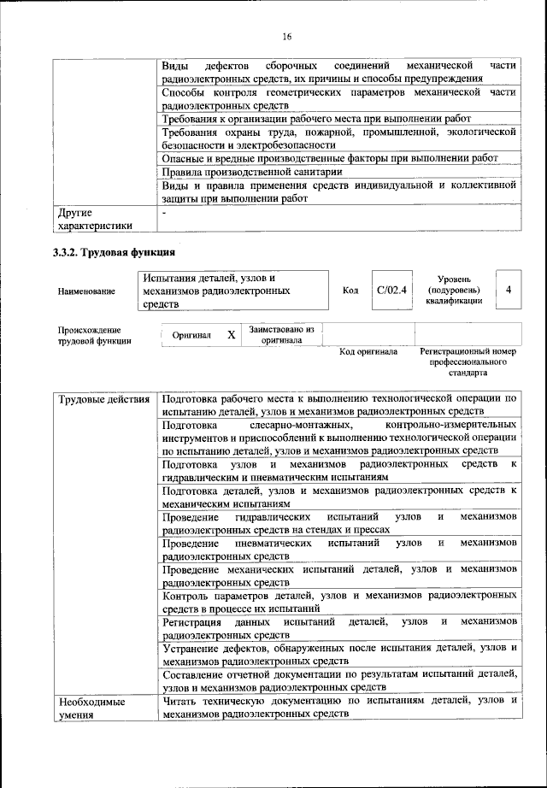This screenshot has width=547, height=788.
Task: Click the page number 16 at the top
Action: coord(285,35)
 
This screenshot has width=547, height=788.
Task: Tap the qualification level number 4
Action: coord(509,291)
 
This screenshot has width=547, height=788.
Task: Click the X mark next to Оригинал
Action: coord(231,335)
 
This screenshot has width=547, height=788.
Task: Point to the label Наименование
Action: coord(86,291)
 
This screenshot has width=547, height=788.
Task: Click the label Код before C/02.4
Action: coord(350,291)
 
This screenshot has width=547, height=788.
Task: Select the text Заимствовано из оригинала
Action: coord(281,334)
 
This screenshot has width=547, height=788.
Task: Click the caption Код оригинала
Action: coord(368,351)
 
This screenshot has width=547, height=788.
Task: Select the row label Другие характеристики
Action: coord(94,219)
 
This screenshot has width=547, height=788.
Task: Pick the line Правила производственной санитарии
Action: coord(252,171)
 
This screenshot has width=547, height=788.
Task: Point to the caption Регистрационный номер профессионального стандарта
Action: coord(469,362)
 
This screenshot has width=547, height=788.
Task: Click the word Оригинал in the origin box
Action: coord(191,336)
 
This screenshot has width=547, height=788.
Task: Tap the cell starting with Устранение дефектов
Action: coord(339,655)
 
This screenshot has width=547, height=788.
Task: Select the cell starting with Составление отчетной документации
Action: coord(339,681)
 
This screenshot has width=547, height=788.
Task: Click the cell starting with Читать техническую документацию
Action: coord(339,708)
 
